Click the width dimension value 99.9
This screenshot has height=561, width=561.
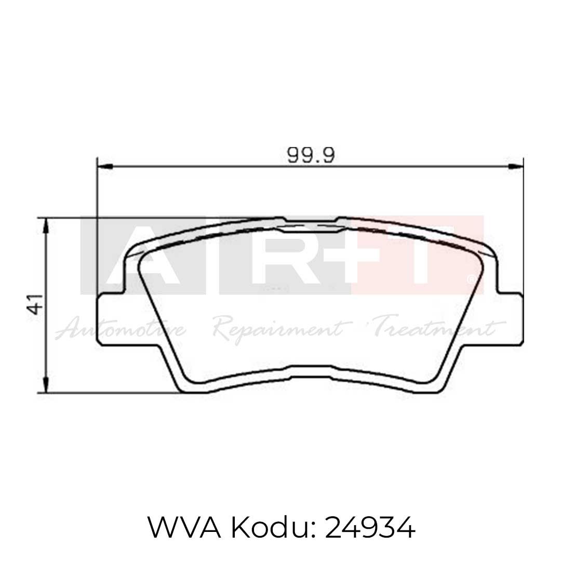tap(310, 154)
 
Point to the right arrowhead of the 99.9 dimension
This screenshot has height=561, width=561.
tap(516, 167)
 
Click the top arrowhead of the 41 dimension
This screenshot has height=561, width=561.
tap(47, 224)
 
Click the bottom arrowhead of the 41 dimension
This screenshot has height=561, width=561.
tap(47, 386)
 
